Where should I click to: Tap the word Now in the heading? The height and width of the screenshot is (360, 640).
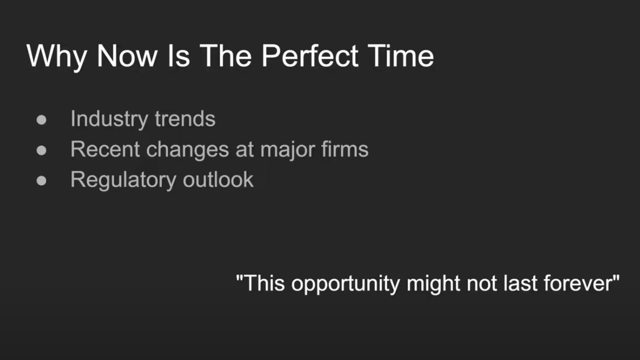pyautogui.click(x=127, y=56)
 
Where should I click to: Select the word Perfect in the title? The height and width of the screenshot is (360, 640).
pyautogui.click(x=310, y=56)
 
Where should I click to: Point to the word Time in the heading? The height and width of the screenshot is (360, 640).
pyautogui.click(x=401, y=56)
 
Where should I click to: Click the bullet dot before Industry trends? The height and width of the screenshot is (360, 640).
pyautogui.click(x=41, y=120)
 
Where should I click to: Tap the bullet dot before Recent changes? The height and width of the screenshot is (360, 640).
pyautogui.click(x=41, y=150)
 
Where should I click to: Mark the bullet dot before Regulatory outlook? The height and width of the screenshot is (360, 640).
pyautogui.click(x=41, y=181)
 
